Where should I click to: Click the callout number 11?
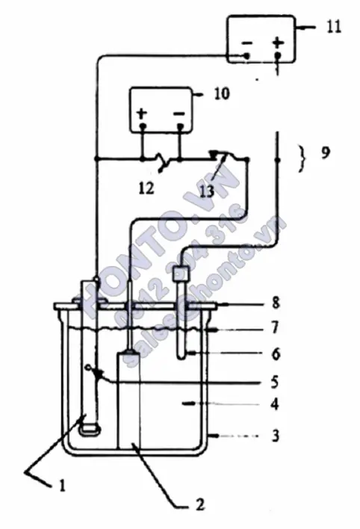333,26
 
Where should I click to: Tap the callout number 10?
222,93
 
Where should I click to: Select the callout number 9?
325,153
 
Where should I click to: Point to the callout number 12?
146,188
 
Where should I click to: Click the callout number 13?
206,191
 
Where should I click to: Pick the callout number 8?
276,303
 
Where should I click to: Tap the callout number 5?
275,382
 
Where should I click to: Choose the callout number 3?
276,435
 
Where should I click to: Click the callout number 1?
62,486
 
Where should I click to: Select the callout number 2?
199,504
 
